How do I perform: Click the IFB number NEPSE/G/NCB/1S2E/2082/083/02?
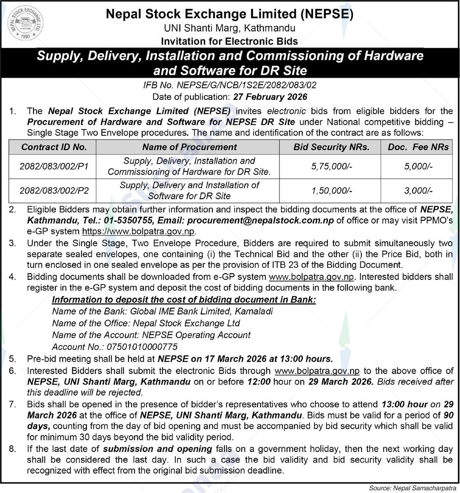[230, 85]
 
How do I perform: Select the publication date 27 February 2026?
[270, 97]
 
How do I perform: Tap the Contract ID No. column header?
[54, 147]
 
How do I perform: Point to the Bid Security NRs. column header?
[331, 147]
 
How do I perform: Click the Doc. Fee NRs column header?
[418, 147]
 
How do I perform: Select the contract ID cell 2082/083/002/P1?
[54, 166]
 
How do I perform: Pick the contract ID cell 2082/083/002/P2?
[54, 191]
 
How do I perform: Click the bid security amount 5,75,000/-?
[331, 166]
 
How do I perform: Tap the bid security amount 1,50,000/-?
[331, 191]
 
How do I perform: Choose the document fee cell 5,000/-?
[418, 166]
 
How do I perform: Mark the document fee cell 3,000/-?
[418, 191]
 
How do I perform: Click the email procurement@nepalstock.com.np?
[260, 221]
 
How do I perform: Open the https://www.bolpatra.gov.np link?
[138, 231]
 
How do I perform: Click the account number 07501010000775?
[142, 347]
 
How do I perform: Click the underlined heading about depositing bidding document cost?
[184, 300]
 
